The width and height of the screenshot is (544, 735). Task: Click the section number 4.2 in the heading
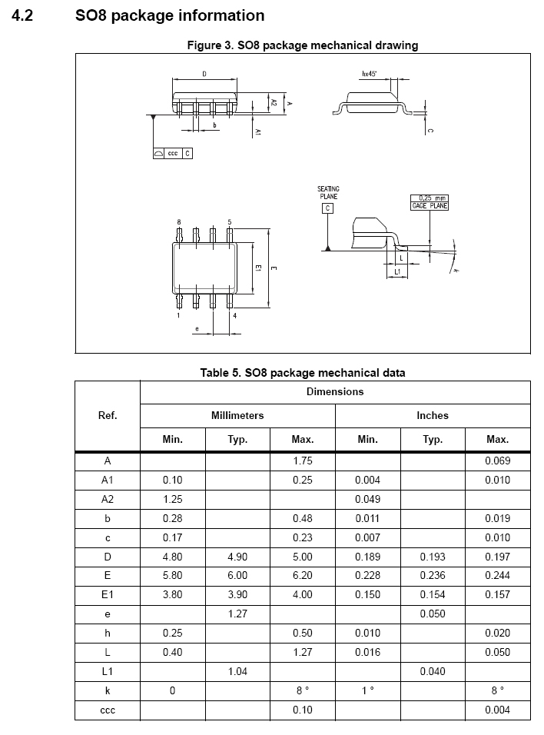23,15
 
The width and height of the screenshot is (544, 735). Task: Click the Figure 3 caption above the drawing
303,45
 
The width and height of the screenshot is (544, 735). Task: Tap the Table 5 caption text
303,373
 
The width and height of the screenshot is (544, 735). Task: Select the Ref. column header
108,415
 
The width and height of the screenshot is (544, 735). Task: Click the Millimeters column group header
237,415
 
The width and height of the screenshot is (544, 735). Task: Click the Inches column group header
433,415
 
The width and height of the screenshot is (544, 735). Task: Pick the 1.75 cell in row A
303,461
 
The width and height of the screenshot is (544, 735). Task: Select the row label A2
108,499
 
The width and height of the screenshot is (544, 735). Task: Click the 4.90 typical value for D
237,556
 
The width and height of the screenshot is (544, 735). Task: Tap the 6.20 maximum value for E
303,575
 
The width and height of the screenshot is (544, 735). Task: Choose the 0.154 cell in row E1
433,594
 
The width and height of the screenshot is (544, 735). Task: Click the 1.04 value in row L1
237,671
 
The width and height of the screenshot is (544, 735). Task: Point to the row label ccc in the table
108,710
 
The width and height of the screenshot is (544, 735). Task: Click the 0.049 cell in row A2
367,499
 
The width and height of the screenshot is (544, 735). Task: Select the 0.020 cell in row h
498,633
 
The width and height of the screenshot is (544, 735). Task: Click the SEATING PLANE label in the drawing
328,193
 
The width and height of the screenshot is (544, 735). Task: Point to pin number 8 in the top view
179,222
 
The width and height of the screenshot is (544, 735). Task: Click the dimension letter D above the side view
204,75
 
